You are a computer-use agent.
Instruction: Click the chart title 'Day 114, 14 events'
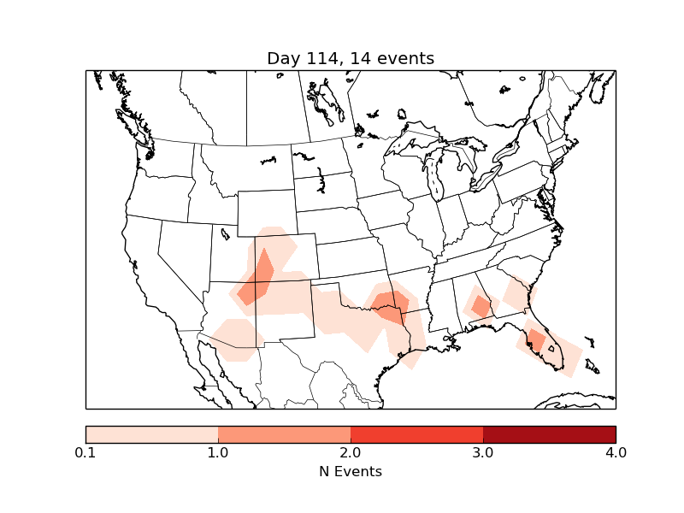pos(351,58)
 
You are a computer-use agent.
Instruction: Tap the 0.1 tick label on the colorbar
pos(85,452)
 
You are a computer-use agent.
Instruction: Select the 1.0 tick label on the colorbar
pos(218,452)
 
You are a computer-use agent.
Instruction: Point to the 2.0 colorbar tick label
pos(351,452)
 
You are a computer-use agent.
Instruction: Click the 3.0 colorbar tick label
pos(483,452)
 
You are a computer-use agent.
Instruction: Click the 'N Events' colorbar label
pos(351,471)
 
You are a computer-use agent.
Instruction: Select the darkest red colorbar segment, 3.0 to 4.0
pos(549,434)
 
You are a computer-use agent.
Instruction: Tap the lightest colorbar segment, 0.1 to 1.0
pos(151,434)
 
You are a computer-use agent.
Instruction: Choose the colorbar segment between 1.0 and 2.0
pos(284,434)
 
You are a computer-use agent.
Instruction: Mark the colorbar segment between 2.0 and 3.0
pos(416,434)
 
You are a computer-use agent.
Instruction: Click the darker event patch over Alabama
pos(481,305)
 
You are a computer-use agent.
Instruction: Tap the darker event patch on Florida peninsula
pos(536,340)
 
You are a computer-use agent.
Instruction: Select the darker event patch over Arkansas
pos(390,304)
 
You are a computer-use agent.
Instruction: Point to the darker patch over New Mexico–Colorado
pos(257,279)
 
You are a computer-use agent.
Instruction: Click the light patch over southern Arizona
pos(233,338)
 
